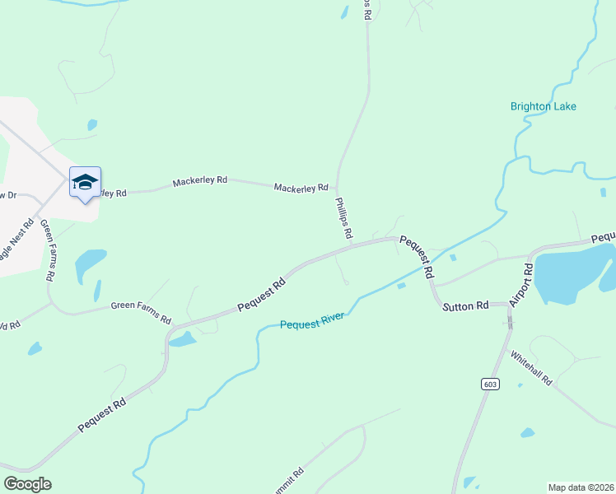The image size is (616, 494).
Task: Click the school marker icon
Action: pos(85,183)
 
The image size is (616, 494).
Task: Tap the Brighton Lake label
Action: pos(543,106)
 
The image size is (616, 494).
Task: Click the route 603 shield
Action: pos(490,384)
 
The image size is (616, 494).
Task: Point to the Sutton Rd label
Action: pos(466,306)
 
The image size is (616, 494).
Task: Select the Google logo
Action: pos(27,483)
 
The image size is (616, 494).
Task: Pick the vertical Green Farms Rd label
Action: pos(47,251)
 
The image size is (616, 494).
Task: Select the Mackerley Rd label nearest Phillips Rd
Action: pos(301,189)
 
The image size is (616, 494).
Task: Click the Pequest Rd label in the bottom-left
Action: pos(103,415)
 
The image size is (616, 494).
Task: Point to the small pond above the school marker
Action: pos(92,125)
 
